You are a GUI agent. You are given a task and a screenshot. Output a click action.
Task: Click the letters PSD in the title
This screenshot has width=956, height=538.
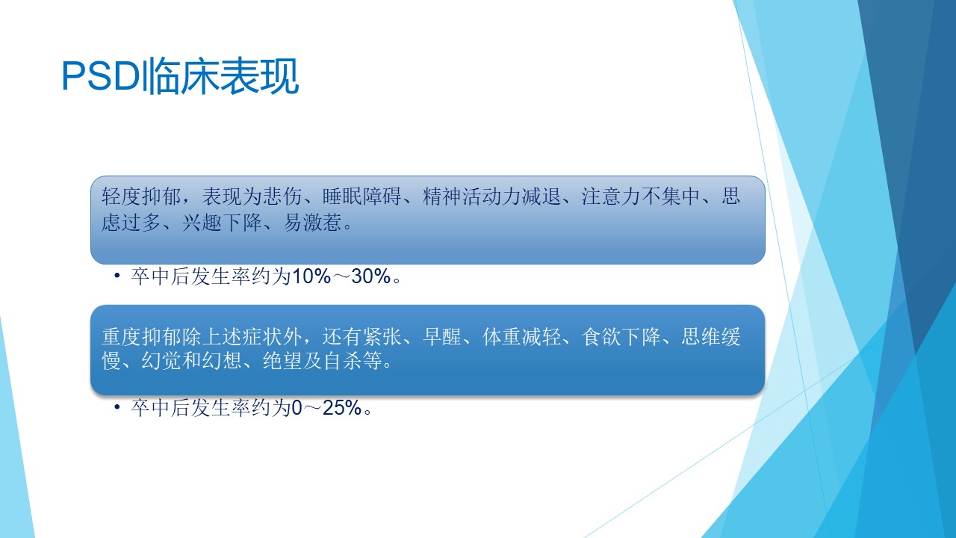click(102, 76)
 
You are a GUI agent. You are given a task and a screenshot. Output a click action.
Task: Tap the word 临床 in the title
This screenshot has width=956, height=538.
click(181, 76)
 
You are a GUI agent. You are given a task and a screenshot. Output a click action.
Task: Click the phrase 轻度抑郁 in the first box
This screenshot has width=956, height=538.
click(141, 197)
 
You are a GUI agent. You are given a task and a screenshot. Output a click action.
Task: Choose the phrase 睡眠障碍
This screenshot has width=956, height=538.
click(362, 197)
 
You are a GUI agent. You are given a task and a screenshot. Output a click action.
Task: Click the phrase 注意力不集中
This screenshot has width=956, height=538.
click(641, 197)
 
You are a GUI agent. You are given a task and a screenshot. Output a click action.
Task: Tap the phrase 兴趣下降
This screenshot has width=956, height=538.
click(222, 222)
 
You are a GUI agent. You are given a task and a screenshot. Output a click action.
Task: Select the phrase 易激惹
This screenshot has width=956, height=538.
click(312, 222)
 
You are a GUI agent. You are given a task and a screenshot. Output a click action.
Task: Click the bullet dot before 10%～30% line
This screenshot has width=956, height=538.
click(117, 276)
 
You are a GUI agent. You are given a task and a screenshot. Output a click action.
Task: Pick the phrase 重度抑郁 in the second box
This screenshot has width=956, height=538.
click(141, 337)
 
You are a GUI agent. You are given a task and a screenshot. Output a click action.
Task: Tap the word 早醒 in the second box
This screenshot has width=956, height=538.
click(442, 337)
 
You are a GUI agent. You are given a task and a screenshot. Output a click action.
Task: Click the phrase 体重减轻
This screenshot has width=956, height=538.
click(522, 337)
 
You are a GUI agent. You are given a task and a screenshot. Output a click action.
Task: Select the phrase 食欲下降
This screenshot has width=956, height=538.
click(621, 337)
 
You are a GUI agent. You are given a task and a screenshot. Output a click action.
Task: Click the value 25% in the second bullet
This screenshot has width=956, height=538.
click(342, 408)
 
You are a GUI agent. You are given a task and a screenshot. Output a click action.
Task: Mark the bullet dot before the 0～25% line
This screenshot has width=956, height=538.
click(117, 408)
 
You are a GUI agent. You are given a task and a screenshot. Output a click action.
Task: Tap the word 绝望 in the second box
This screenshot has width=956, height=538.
click(282, 361)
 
